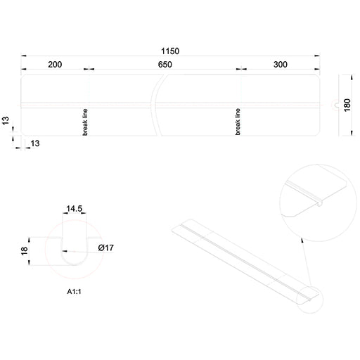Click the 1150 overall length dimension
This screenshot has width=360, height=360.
click(170, 51)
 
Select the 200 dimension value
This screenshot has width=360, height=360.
click(55, 65)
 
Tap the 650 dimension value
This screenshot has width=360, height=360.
click(165, 65)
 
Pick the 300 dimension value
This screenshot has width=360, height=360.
click(281, 65)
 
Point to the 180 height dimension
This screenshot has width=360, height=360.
click(347, 105)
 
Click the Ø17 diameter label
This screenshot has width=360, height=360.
click(106, 247)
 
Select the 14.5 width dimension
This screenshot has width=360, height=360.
click(75, 208)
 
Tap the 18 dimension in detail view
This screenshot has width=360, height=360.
click(25, 251)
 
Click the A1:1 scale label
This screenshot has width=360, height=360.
click(74, 292)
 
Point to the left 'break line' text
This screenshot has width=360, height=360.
click(85, 122)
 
